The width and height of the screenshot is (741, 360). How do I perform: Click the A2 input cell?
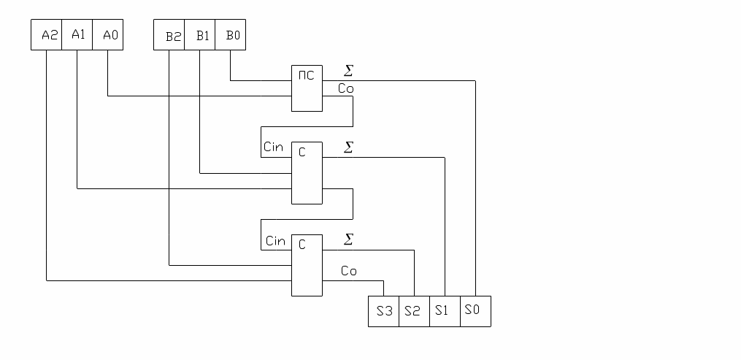click(46, 35)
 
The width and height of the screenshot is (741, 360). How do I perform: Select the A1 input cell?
click(77, 35)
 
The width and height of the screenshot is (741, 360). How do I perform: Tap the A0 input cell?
click(107, 35)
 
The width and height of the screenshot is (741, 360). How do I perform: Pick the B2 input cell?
click(169, 35)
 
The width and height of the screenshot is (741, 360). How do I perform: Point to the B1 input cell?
click(199, 35)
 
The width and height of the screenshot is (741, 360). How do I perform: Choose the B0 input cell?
click(230, 35)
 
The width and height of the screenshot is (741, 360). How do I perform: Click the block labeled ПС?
click(307, 88)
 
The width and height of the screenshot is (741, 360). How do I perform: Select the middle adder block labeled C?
click(307, 172)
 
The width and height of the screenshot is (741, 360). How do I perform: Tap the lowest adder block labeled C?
click(307, 264)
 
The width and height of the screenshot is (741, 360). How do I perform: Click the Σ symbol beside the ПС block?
click(348, 71)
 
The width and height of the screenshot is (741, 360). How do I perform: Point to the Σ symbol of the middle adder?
click(348, 148)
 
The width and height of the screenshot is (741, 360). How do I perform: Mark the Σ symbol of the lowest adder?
click(348, 240)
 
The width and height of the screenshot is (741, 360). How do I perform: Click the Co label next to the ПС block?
click(346, 88)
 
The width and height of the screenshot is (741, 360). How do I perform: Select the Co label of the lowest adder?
click(349, 272)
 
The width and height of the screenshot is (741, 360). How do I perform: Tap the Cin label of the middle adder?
click(274, 148)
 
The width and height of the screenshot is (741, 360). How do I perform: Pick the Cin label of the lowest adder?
click(275, 241)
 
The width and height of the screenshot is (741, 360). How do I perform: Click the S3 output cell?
click(383, 311)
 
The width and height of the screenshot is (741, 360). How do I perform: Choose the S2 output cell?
click(414, 311)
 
